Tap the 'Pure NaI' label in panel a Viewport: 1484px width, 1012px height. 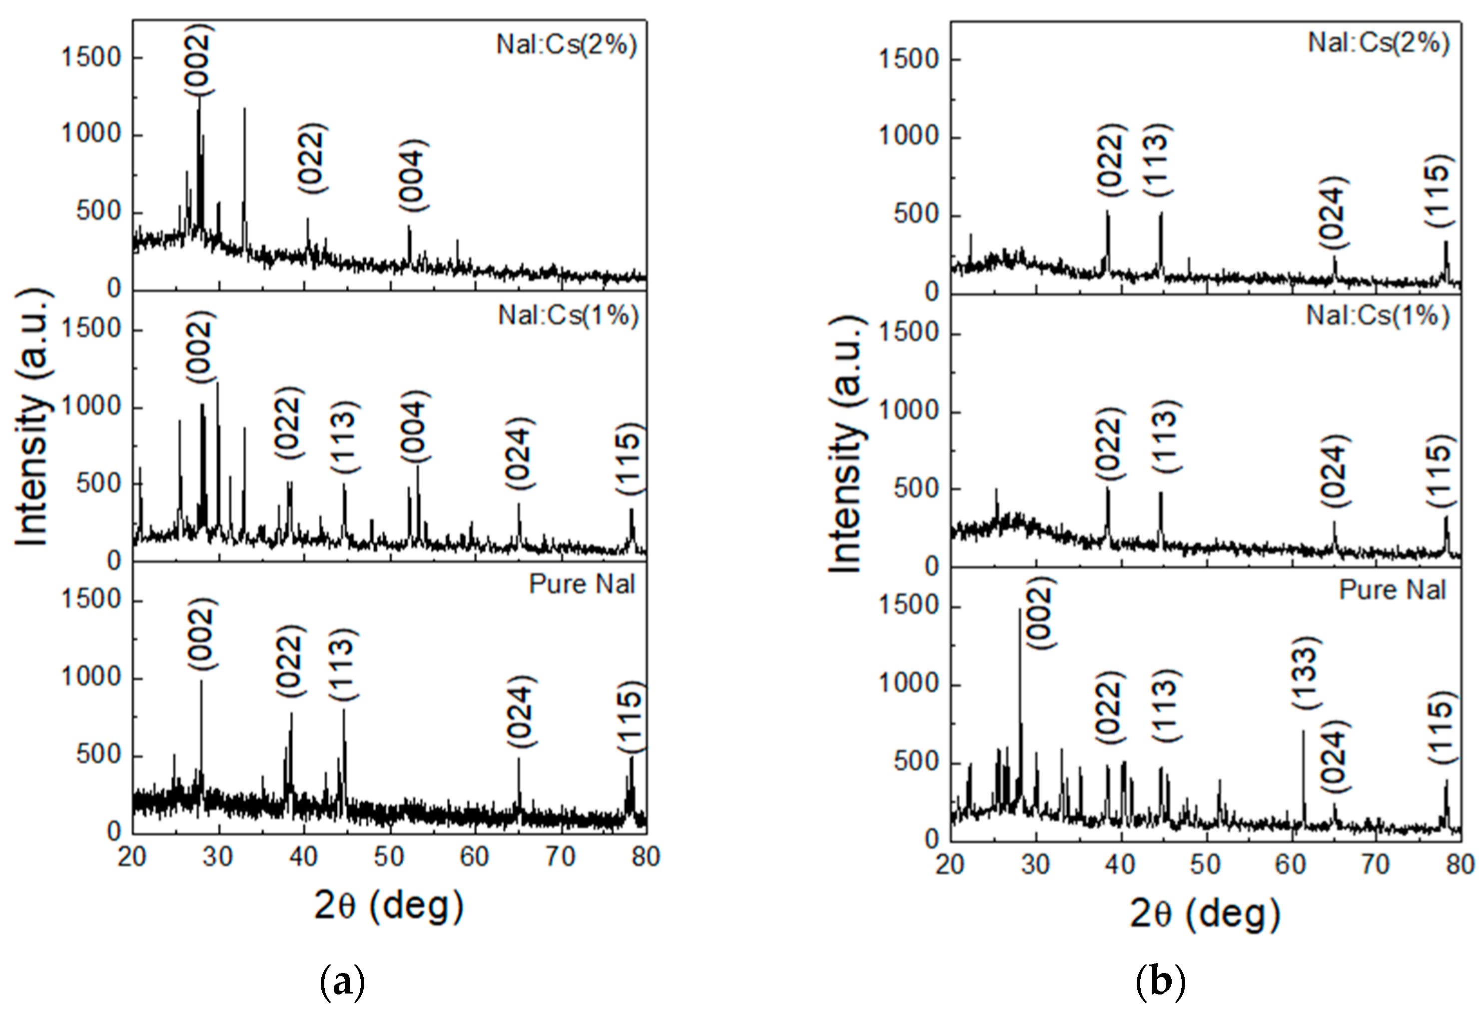point(582,584)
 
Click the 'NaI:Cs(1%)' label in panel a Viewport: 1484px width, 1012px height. point(568,315)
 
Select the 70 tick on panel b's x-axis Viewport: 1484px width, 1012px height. point(1376,864)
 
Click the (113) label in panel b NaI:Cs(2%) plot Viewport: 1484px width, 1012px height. point(1156,159)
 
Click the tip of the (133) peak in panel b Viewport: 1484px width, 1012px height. point(1303,731)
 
